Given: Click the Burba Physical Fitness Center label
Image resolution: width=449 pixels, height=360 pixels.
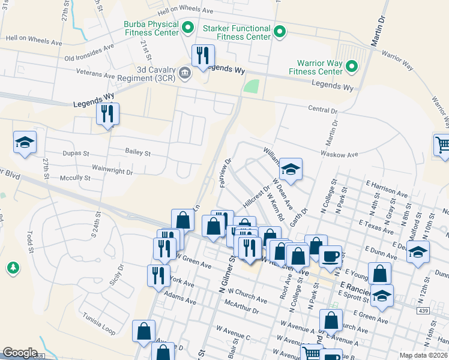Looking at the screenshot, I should tap(151, 28).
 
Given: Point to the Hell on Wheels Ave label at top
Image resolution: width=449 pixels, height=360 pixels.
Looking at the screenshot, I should tap(185, 11).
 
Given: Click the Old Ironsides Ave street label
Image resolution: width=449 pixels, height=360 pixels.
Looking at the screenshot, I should tap(89, 53).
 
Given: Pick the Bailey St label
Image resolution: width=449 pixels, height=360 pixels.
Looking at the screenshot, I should tap(137, 153).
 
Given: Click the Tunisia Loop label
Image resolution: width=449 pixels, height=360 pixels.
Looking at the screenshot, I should tap(99, 325).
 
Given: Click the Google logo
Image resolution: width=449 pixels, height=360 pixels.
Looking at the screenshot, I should tap(20, 353).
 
